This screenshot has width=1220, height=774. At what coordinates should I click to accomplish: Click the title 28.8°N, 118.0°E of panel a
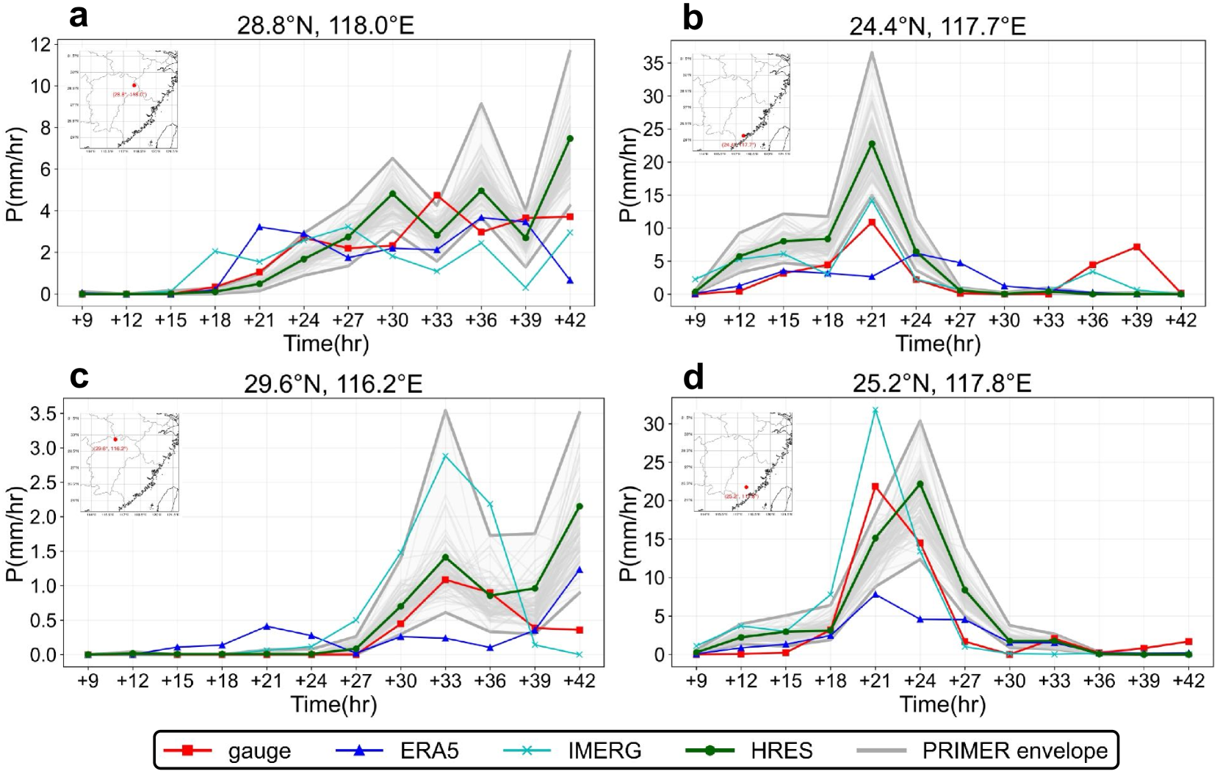(x=325, y=26)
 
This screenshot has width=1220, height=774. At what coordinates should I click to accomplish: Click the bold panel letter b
(x=693, y=18)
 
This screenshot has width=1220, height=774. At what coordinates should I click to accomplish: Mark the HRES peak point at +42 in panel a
(x=570, y=138)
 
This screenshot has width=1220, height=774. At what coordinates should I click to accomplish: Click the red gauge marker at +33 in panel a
(x=437, y=195)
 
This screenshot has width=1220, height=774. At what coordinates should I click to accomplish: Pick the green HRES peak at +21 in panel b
(x=872, y=144)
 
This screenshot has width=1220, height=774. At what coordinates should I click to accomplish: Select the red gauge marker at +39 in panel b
(x=1137, y=247)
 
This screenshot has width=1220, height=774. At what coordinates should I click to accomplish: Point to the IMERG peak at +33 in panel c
(x=445, y=456)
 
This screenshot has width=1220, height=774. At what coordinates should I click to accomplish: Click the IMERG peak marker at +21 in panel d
(x=875, y=410)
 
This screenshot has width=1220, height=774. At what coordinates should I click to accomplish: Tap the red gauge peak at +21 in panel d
(x=875, y=486)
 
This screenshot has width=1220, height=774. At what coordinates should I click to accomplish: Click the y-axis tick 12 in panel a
(x=41, y=45)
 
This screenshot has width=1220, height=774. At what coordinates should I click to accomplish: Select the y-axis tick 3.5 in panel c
(x=43, y=414)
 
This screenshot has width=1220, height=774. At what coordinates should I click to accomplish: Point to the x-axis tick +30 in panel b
(x=1004, y=320)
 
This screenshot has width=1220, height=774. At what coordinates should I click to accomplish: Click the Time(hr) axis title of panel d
(x=942, y=704)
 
